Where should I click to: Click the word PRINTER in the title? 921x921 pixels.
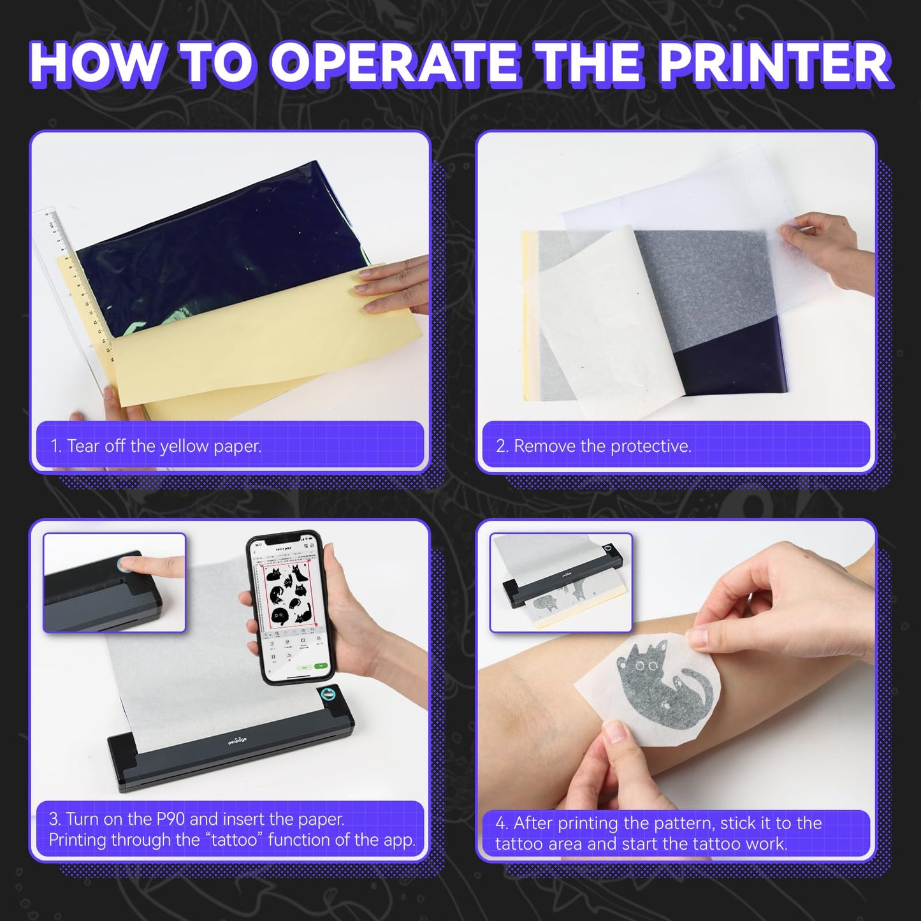pos(772,64)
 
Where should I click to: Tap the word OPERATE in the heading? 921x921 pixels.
pos(397,64)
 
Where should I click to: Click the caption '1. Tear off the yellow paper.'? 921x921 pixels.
pos(156,446)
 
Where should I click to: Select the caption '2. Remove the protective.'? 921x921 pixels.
pos(593,446)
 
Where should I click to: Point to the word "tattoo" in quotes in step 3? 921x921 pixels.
pos(234,840)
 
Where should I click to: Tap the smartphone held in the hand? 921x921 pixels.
pos(287,606)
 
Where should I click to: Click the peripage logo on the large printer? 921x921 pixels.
pos(237,740)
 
